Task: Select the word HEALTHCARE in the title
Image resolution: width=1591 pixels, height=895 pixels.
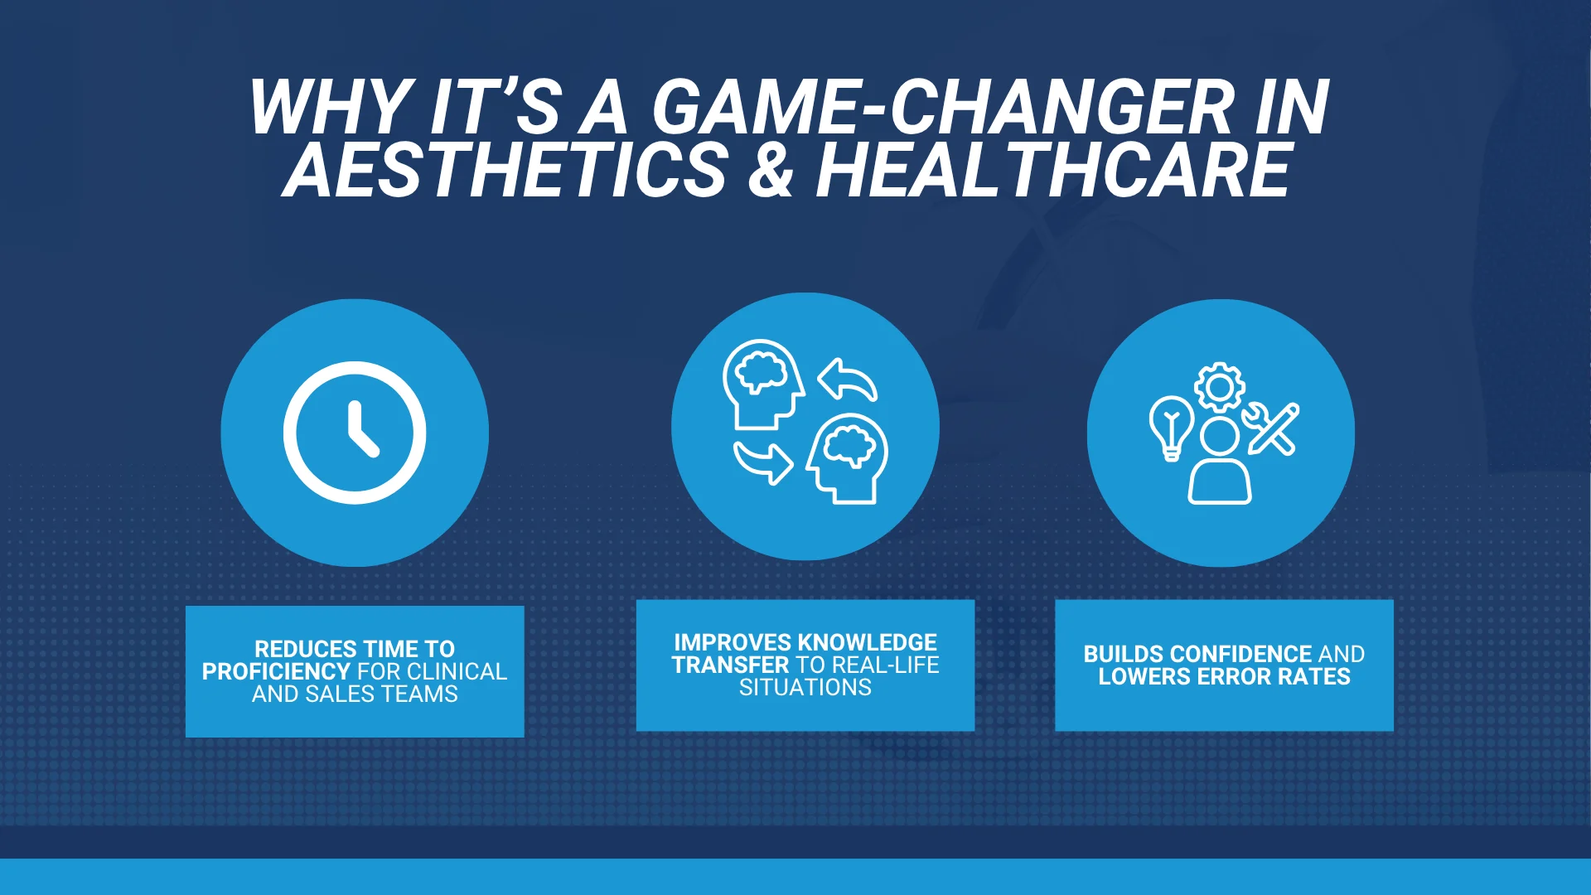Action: click(x=1053, y=171)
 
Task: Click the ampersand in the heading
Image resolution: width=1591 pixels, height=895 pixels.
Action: click(x=771, y=171)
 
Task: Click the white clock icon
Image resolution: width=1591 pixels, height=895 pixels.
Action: click(x=355, y=433)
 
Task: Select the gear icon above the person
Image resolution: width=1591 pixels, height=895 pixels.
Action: click(x=1219, y=387)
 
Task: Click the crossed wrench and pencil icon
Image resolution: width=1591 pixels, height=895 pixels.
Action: click(x=1271, y=428)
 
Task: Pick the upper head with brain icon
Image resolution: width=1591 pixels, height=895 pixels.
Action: click(x=762, y=384)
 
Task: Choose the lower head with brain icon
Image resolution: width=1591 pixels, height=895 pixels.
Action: click(x=848, y=458)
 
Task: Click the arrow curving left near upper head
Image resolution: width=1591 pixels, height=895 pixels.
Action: click(x=847, y=380)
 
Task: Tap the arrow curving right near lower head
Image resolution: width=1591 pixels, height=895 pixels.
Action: click(x=763, y=462)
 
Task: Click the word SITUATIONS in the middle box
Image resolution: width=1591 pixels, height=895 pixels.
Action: click(x=805, y=687)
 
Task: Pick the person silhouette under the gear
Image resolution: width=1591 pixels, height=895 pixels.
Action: click(x=1220, y=461)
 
